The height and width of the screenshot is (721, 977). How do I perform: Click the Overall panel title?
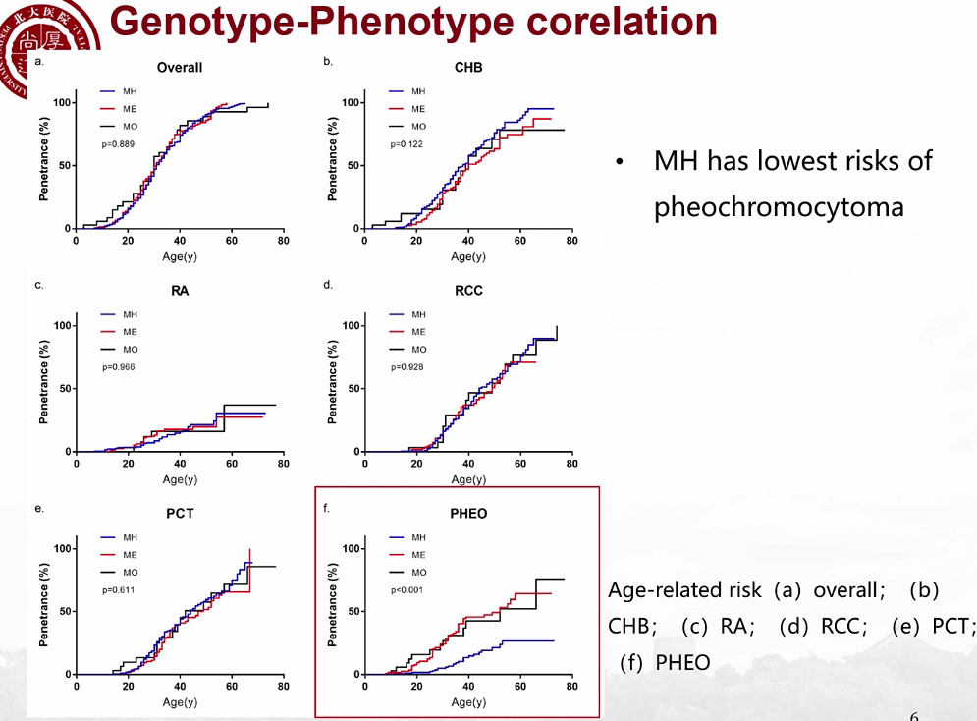coord(180,68)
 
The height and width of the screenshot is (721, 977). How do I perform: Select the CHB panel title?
coord(468,68)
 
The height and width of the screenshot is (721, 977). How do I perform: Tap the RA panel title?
coord(180,291)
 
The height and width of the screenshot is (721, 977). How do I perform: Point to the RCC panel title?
coord(468,291)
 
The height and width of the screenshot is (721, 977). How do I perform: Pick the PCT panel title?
coord(180,514)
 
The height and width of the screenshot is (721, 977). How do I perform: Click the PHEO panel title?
coord(468,514)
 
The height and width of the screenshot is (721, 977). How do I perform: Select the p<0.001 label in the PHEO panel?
coord(407,590)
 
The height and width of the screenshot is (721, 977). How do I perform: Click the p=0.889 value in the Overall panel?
coord(119,144)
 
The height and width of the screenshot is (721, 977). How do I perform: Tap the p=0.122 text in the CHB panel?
coord(407,144)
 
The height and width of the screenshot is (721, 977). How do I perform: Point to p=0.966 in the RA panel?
coord(119,367)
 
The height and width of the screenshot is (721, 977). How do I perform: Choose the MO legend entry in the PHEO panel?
coord(418,572)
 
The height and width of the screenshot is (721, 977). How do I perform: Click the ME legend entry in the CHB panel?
coord(418,109)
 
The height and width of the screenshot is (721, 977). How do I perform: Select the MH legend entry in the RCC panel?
coord(418,314)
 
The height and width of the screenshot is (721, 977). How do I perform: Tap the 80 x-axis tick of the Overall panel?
coord(283,241)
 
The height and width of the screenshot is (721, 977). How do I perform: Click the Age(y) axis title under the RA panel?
coord(180,479)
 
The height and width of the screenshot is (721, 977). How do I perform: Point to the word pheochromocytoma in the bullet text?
coord(779,207)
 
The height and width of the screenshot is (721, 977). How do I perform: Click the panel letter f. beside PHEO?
coord(327,509)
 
